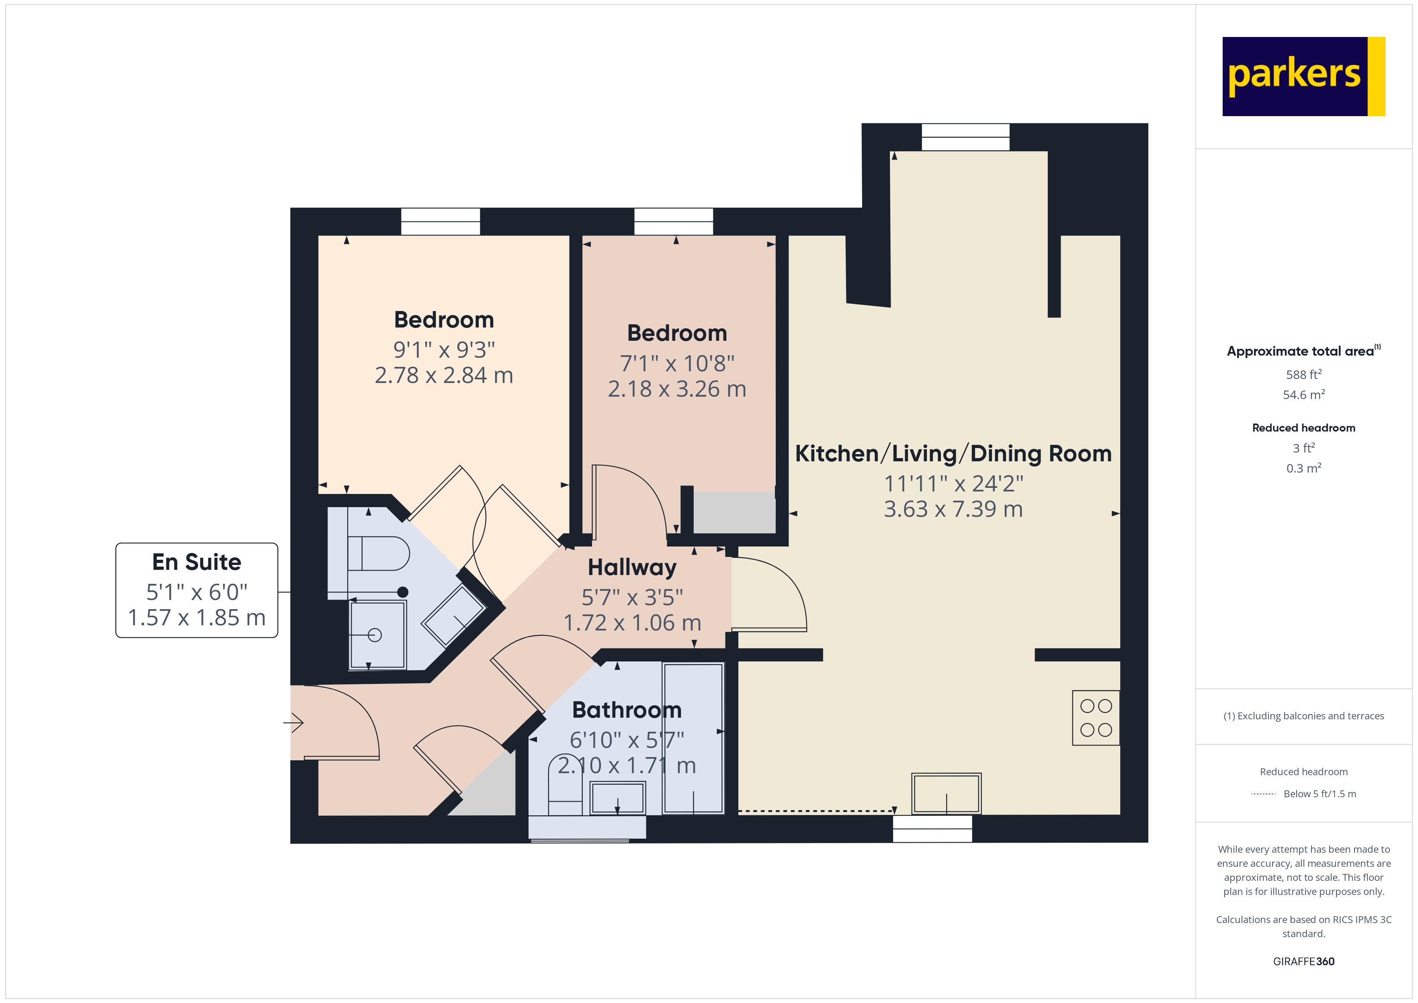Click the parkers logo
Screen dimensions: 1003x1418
point(1303,77)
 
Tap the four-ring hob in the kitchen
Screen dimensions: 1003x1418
point(1096,718)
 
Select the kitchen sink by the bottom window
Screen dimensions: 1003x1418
point(946,794)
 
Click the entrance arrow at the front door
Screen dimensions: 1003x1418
point(294,722)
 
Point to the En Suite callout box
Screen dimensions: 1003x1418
point(197,590)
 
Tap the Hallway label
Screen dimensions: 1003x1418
point(632,567)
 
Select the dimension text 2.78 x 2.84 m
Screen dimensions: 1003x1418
point(443,375)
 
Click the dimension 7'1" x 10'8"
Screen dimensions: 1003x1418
point(677,364)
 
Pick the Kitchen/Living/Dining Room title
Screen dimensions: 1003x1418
point(953,454)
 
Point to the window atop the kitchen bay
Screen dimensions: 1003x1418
point(965,137)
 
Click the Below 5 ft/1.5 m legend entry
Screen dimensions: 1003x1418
point(1319,794)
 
